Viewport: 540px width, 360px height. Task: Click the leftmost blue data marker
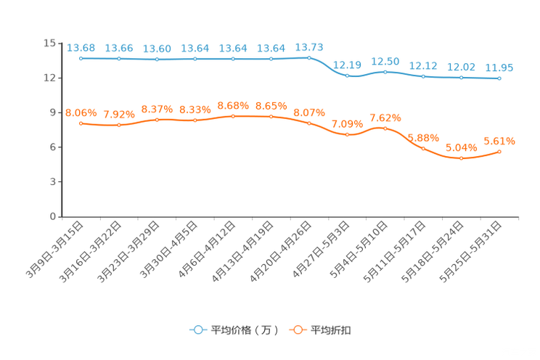tap(81, 58)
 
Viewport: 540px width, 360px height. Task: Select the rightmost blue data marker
tap(499, 78)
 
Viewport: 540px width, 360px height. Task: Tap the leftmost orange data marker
tap(81, 123)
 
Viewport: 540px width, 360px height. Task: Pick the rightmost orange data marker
tap(499, 151)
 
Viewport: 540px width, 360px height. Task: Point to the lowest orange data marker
tap(461, 158)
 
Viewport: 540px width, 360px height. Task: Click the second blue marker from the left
tap(119, 58)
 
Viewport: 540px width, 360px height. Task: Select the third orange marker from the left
tap(157, 119)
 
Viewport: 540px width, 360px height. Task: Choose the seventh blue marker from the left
tap(309, 57)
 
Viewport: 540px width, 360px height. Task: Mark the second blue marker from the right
tap(461, 77)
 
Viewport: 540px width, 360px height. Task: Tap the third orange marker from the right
tap(423, 149)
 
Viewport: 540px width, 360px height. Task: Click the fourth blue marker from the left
tap(195, 58)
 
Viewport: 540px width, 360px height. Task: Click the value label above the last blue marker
tap(499, 68)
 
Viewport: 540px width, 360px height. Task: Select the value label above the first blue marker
tap(81, 48)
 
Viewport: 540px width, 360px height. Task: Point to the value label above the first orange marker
tap(81, 112)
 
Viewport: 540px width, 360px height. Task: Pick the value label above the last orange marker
tap(499, 140)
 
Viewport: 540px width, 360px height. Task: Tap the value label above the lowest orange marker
tap(461, 147)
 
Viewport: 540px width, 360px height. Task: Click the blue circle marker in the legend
tap(197, 330)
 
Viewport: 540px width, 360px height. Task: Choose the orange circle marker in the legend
tap(298, 330)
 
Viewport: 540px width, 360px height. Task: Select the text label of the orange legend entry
tap(331, 330)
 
